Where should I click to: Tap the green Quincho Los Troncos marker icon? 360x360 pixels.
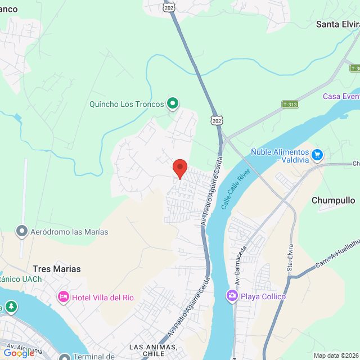173,103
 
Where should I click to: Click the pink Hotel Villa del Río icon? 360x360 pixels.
64,297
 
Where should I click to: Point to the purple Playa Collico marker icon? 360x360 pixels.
232,296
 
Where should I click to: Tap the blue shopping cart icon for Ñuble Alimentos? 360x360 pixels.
317,154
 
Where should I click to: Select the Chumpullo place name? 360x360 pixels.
333,200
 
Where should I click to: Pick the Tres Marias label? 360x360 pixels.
56,269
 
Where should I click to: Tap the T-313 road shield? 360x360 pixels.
290,105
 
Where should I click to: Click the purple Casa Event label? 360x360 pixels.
341,96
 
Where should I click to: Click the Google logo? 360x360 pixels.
19,353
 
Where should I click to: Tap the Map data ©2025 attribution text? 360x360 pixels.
335,355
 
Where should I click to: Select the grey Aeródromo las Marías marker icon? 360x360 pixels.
22,231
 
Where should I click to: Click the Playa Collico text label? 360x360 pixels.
263,296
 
